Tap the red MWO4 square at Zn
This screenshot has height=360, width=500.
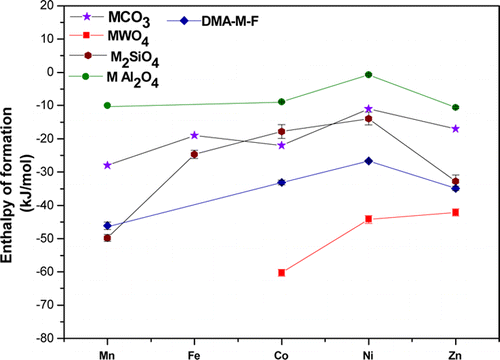(x=456, y=212)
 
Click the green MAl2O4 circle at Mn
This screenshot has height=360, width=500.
(x=107, y=106)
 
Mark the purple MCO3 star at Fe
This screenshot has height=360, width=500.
(x=194, y=135)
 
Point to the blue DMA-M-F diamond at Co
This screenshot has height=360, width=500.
(x=281, y=182)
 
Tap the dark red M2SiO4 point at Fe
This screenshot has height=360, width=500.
(x=194, y=154)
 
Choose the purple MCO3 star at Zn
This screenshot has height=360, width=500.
(x=456, y=129)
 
